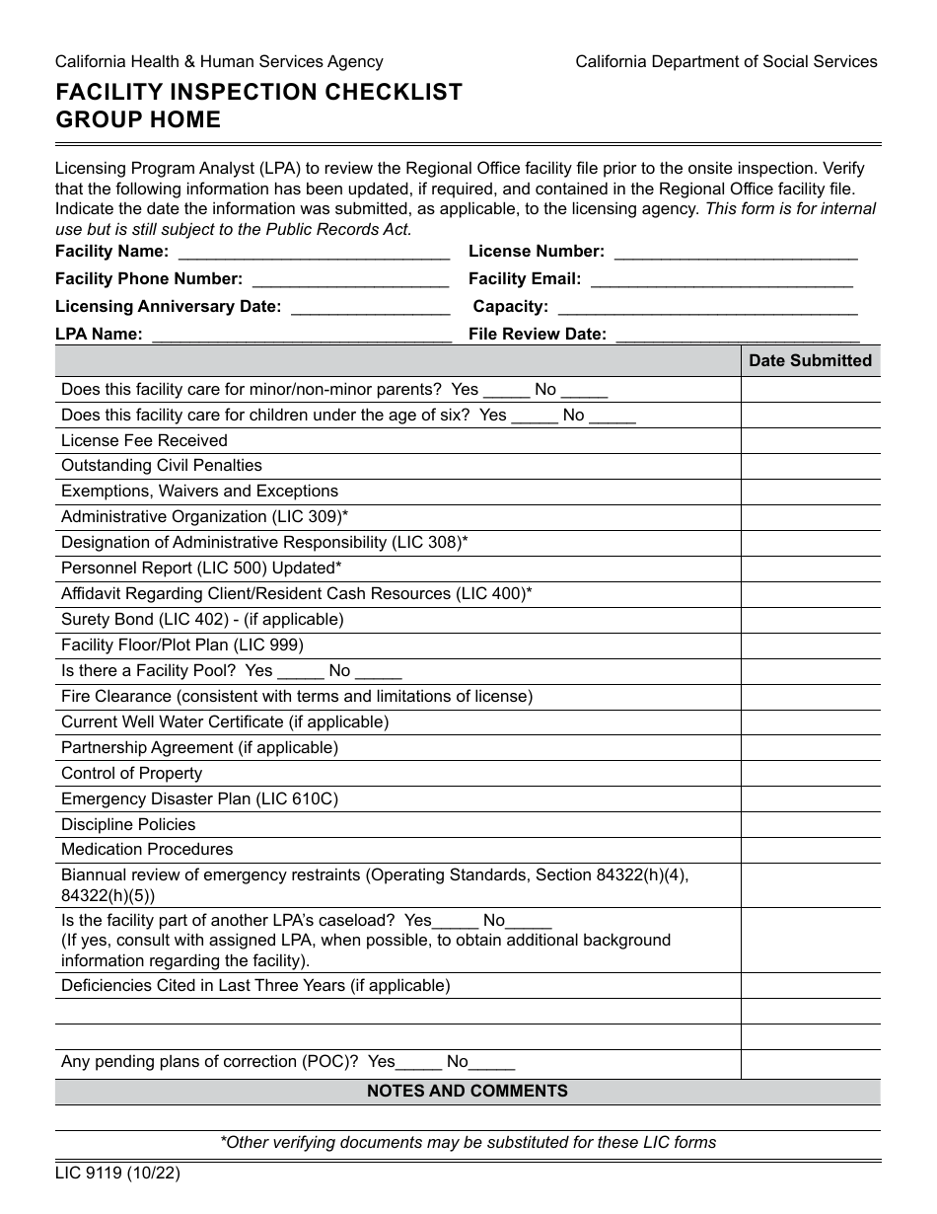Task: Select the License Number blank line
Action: pyautogui.click(x=735, y=253)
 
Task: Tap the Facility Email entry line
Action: pyautogui.click(x=721, y=280)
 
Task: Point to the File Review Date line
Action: pyautogui.click(x=737, y=336)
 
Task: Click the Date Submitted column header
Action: pyautogui.click(x=810, y=361)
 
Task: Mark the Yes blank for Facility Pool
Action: pyautogui.click(x=301, y=671)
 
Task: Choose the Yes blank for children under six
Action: pyautogui.click(x=535, y=416)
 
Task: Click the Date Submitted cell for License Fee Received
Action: pyautogui.click(x=810, y=441)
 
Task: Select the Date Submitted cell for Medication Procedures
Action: pyautogui.click(x=810, y=850)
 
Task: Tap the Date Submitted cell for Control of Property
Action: pyautogui.click(x=810, y=774)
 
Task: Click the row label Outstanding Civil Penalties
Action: pyautogui.click(x=162, y=466)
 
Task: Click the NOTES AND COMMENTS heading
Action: pyautogui.click(x=468, y=1092)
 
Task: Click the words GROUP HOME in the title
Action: pyautogui.click(x=138, y=120)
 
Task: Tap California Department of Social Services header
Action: pyautogui.click(x=726, y=62)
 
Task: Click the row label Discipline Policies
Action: pyautogui.click(x=128, y=825)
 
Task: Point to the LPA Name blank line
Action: pyautogui.click(x=301, y=336)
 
